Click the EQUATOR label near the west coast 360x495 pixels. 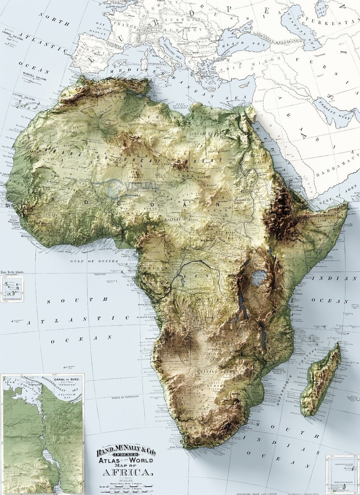pos(100,273)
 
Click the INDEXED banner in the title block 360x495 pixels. pos(125,455)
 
